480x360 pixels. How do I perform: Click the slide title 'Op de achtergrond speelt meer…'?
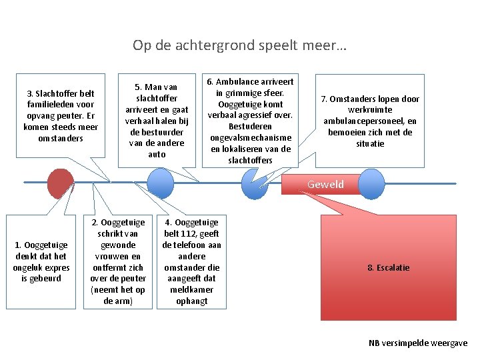tap(239, 45)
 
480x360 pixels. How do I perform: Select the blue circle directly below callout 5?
tap(159, 182)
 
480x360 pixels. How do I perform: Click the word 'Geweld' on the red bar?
tap(325, 185)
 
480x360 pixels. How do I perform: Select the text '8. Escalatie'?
tap(389, 267)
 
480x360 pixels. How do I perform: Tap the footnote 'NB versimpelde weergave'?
tap(418, 343)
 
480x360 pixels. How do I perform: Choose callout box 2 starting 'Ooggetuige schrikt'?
tap(117, 262)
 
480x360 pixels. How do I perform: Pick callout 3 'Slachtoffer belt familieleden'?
tap(61, 115)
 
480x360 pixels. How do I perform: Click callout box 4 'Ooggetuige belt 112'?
tap(191, 262)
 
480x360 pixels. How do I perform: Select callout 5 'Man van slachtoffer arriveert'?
tap(157, 121)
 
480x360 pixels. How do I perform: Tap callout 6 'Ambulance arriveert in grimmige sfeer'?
tap(251, 121)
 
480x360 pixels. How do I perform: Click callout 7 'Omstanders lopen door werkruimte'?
tap(370, 121)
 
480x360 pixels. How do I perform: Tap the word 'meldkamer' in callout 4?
tap(191, 290)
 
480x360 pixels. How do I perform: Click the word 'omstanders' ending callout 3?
tap(61, 138)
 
